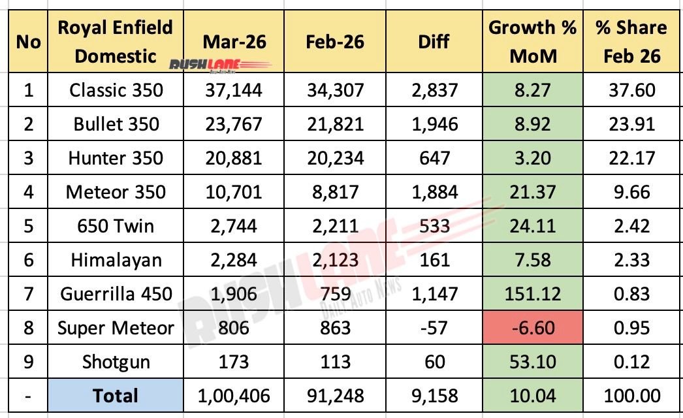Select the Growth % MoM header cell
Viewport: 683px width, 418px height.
532,41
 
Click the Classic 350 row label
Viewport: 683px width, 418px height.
116,89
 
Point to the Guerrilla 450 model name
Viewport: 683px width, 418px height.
116,293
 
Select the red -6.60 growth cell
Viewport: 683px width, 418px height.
532,327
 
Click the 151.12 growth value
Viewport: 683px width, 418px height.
532,293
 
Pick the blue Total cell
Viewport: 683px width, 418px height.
116,395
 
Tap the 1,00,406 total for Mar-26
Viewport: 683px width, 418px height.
233,395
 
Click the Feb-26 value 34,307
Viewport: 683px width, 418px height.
334,89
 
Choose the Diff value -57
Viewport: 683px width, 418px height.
434,327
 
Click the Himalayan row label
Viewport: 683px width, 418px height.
116,259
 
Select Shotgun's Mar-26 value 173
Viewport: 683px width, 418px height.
233,361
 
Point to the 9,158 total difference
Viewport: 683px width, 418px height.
434,395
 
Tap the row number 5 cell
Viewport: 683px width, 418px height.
28,225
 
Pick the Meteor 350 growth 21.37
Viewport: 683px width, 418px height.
532,191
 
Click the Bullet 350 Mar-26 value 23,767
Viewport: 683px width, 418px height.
233,123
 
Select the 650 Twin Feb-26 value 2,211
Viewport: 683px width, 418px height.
334,225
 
